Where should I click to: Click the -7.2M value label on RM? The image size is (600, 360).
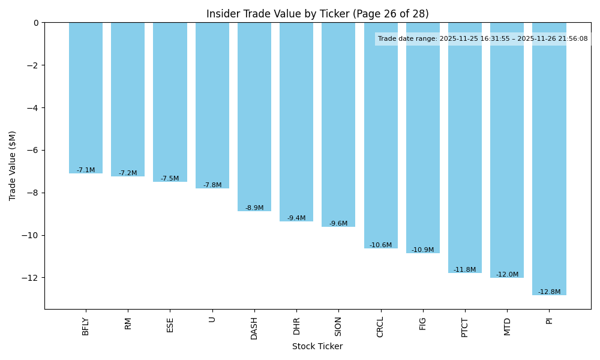pyautogui.click(x=128, y=173)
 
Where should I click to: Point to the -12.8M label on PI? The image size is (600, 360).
pyautogui.click(x=549, y=292)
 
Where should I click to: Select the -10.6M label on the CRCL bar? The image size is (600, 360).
pyautogui.click(x=380, y=245)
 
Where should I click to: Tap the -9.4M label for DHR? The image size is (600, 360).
pyautogui.click(x=296, y=218)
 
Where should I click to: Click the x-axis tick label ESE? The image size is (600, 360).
pyautogui.click(x=170, y=325)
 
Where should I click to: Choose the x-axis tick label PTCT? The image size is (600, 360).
pyautogui.click(x=465, y=327)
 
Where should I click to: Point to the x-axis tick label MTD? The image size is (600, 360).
pyautogui.click(x=507, y=326)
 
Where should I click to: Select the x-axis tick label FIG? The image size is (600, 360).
pyautogui.click(x=423, y=323)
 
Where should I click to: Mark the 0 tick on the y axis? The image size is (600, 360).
pyautogui.click(x=36, y=23)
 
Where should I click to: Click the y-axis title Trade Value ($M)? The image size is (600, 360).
pyautogui.click(x=13, y=166)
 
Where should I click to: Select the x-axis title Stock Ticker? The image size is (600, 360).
pyautogui.click(x=317, y=347)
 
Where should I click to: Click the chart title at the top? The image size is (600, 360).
pyautogui.click(x=317, y=14)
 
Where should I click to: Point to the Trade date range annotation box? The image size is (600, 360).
pyautogui.click(x=483, y=39)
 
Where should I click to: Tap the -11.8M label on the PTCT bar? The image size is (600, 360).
pyautogui.click(x=465, y=270)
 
